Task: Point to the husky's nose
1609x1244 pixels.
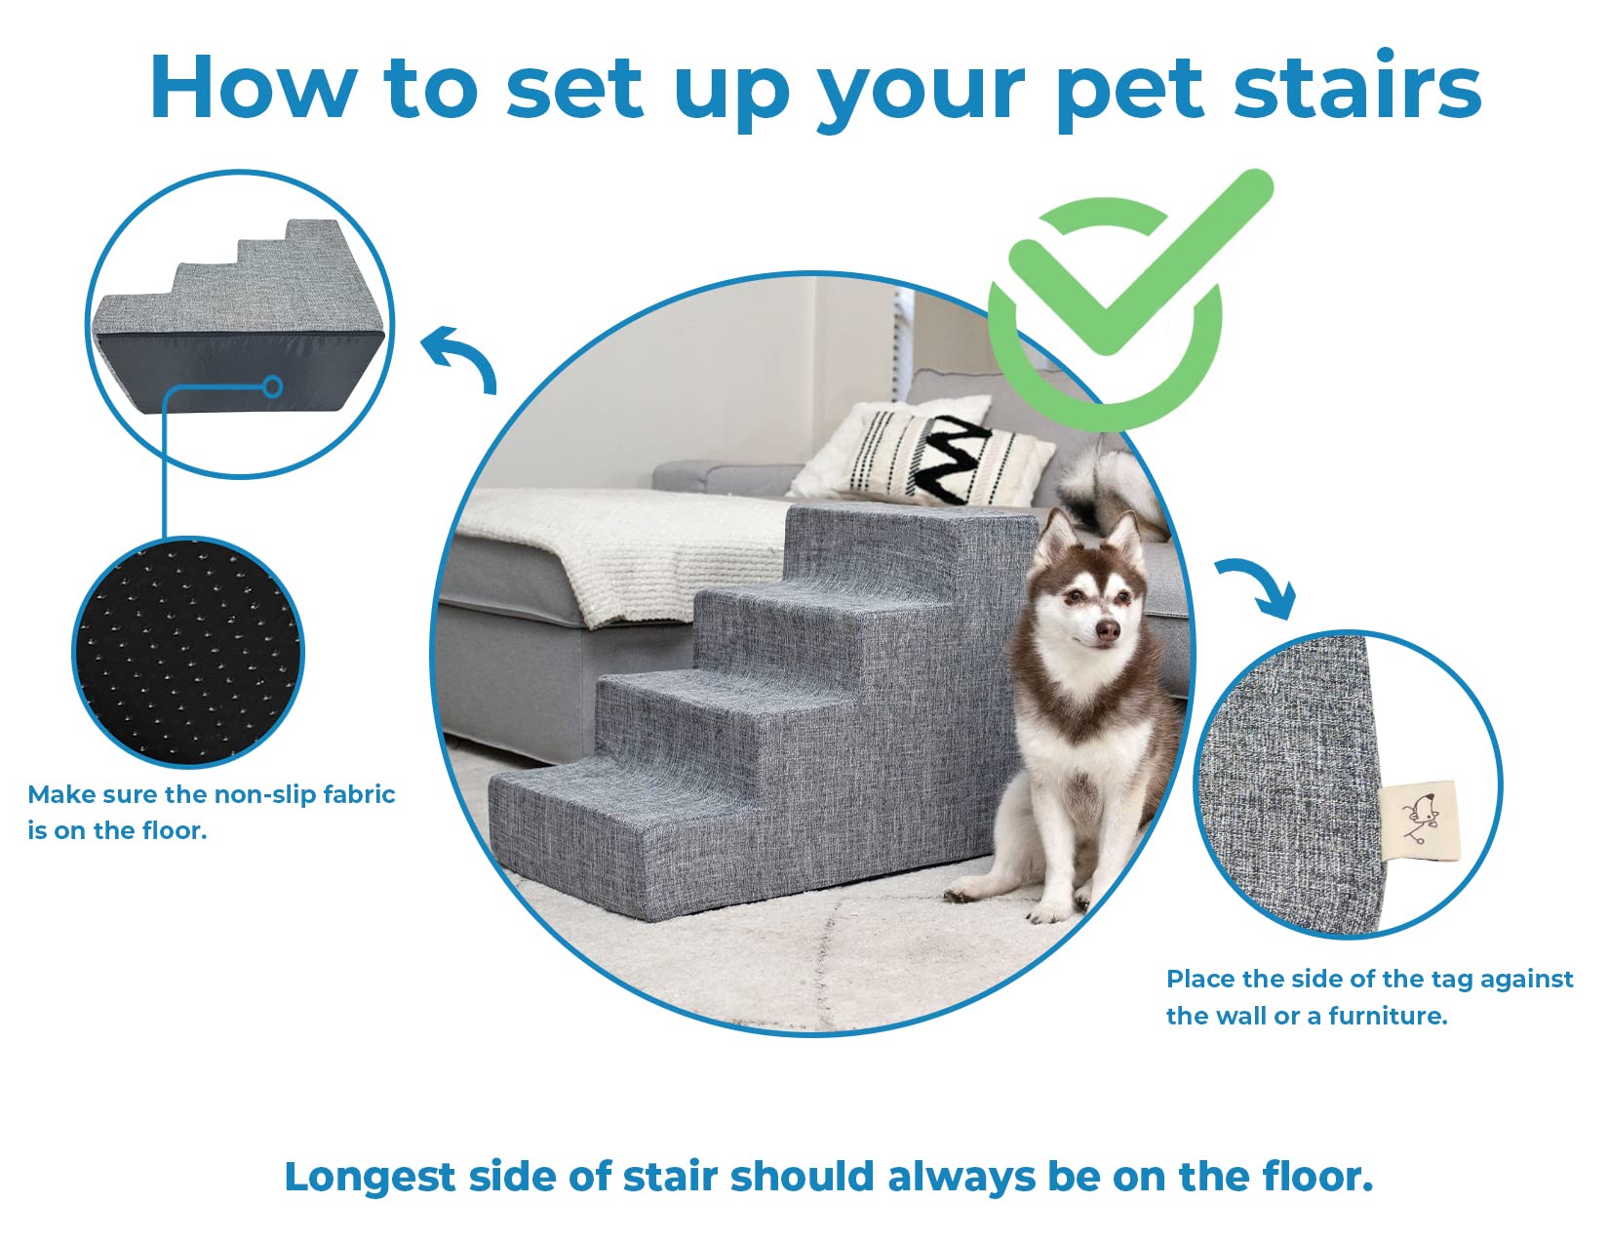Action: click(1107, 631)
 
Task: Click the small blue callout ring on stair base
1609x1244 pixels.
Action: click(274, 387)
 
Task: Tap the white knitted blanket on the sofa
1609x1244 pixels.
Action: click(624, 546)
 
